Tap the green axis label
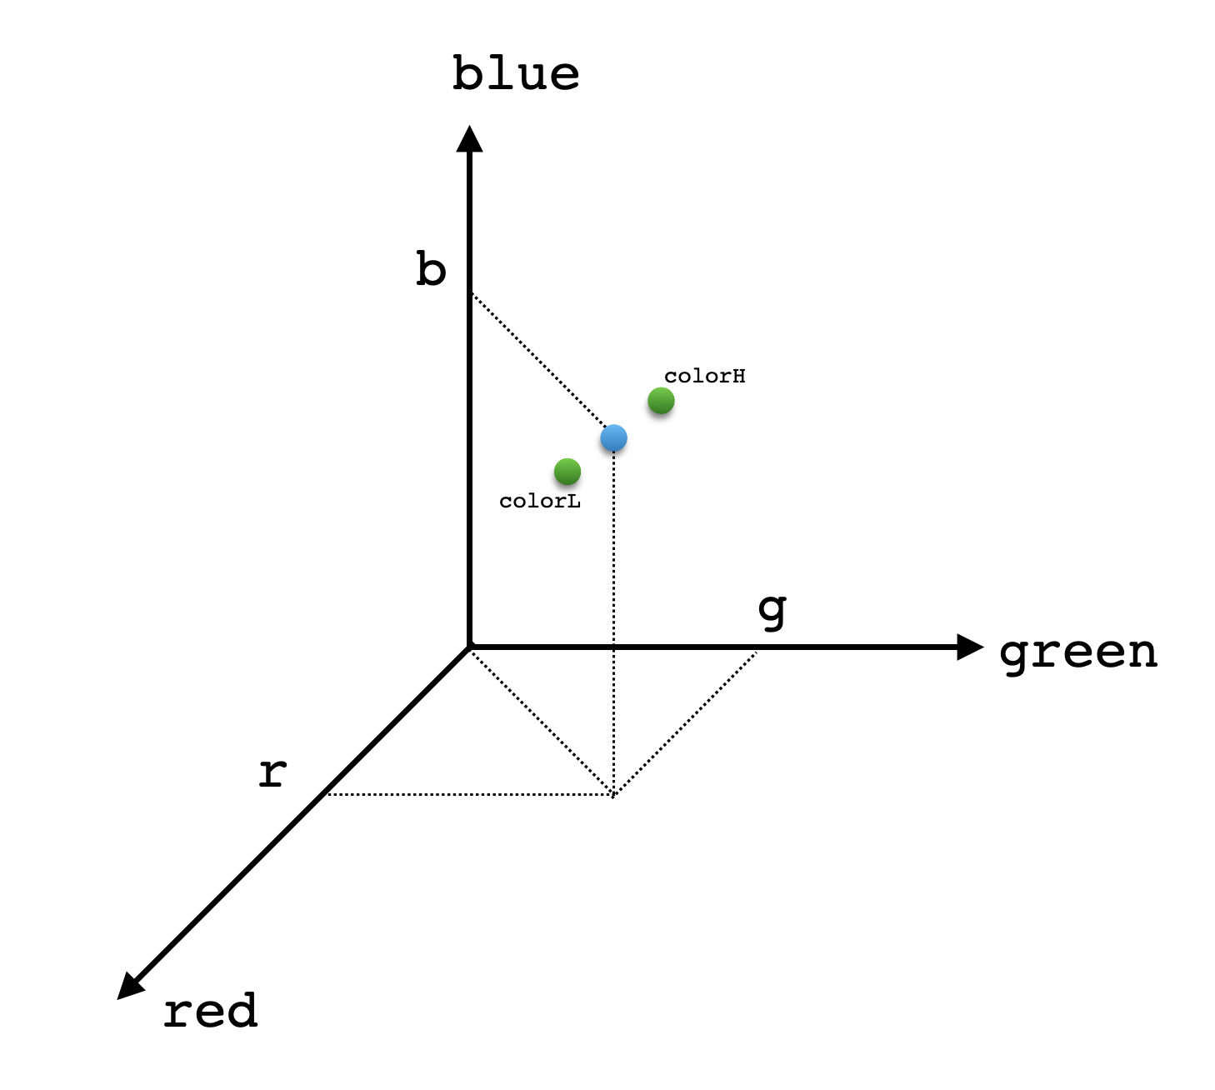(x=1078, y=652)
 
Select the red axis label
(x=210, y=1011)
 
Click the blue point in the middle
(x=613, y=437)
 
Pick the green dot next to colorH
(x=661, y=401)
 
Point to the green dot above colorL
(x=567, y=472)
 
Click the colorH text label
(x=704, y=376)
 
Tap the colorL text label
(x=539, y=501)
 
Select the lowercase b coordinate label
(x=431, y=270)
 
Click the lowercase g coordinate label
(x=772, y=611)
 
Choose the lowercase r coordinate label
(x=272, y=772)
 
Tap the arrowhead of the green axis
(x=970, y=647)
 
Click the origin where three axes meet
(x=470, y=647)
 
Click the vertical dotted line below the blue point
(x=613, y=617)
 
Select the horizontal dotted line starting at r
(x=467, y=794)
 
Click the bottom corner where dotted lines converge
(x=613, y=795)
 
